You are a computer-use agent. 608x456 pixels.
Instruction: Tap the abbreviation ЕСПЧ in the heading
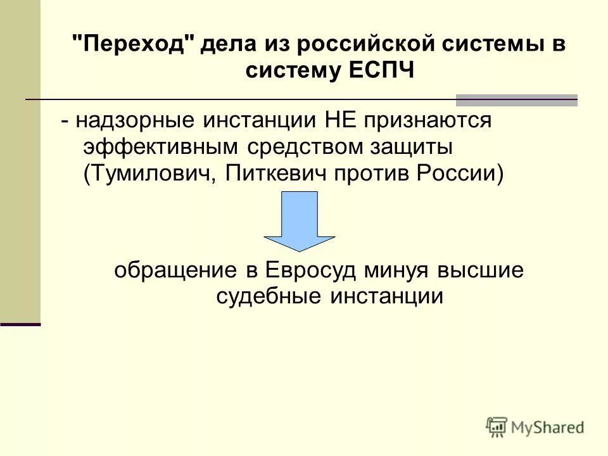coord(380,70)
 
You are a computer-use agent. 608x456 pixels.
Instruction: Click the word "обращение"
coord(175,271)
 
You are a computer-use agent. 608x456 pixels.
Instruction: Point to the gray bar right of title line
coord(517,99)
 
